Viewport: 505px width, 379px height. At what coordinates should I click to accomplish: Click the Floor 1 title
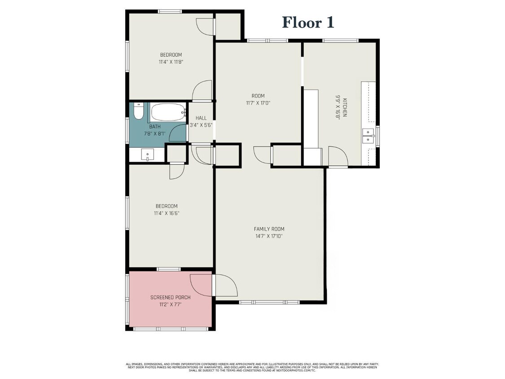pyautogui.click(x=308, y=22)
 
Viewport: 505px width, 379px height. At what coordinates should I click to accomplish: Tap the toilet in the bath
pyautogui.click(x=139, y=111)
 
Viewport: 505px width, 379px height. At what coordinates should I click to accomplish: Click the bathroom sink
pyautogui.click(x=147, y=155)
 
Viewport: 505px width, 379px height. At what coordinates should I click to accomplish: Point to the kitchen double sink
pyautogui.click(x=369, y=136)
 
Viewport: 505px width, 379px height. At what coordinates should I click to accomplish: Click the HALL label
pyautogui.click(x=201, y=118)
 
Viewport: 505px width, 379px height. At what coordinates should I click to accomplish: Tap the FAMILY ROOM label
pyautogui.click(x=269, y=229)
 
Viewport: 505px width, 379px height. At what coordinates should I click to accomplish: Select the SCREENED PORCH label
pyautogui.click(x=170, y=297)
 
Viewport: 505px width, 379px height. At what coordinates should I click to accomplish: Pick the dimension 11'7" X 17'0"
pyautogui.click(x=258, y=103)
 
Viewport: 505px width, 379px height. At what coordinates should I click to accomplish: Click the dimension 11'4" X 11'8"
pyautogui.click(x=171, y=62)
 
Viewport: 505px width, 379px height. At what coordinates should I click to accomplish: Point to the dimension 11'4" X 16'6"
pyautogui.click(x=167, y=213)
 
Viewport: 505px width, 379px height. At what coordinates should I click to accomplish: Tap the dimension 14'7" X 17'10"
pyautogui.click(x=268, y=236)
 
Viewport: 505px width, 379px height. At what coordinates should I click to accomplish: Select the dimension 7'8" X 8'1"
pyautogui.click(x=155, y=134)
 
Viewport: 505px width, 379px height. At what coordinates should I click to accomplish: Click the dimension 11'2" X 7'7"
pyautogui.click(x=170, y=304)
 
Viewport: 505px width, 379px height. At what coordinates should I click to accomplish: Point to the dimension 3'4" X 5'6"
pyautogui.click(x=201, y=125)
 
